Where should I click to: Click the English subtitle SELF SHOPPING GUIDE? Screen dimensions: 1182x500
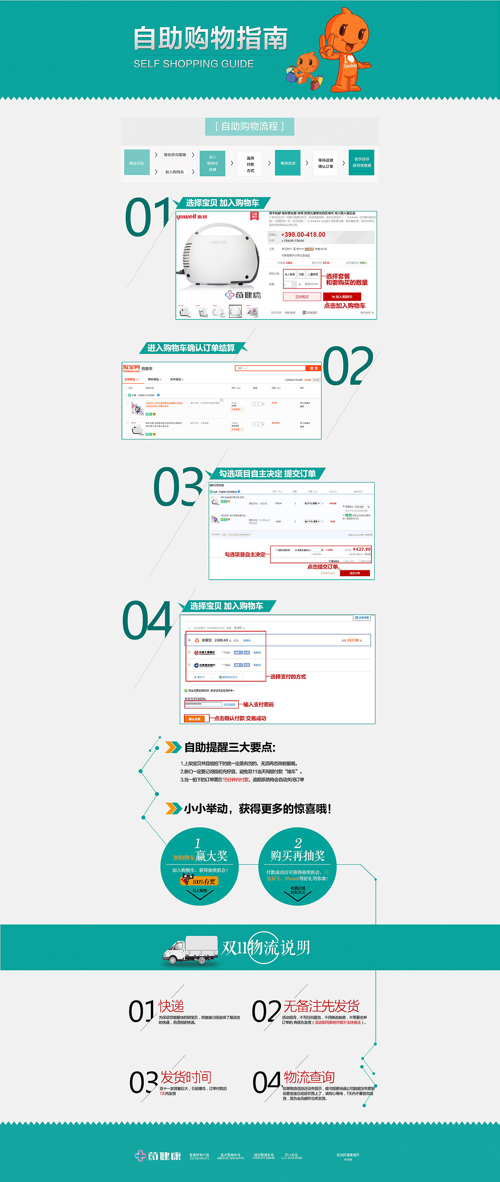click(194, 64)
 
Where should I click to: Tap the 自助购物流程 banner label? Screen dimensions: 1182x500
click(250, 126)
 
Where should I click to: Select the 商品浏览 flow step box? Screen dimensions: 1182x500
click(137, 163)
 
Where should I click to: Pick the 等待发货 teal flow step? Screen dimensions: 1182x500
click(287, 163)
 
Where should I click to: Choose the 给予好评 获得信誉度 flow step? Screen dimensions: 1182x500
click(361, 162)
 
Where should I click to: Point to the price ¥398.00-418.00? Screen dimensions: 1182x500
click(303, 234)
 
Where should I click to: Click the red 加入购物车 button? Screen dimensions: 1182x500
click(342, 297)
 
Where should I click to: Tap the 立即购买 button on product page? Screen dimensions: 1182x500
click(302, 297)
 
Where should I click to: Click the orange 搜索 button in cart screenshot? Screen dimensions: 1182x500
click(313, 368)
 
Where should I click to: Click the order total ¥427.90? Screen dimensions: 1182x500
click(361, 549)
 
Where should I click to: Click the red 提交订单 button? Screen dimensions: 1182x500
click(355, 573)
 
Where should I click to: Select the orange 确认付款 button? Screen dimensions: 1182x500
click(195, 719)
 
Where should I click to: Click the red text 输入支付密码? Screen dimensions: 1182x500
click(258, 704)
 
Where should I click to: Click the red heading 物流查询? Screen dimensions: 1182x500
click(309, 1077)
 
